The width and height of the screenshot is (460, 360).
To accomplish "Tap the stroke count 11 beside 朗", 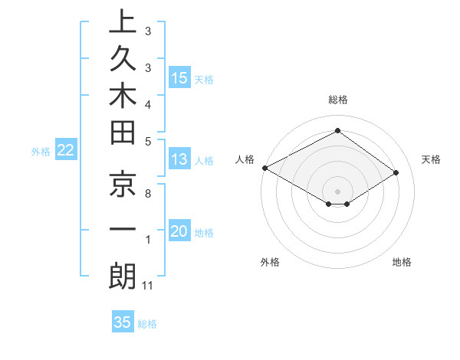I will tap(149, 286).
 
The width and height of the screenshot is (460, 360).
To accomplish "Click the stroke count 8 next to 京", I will tap(147, 194).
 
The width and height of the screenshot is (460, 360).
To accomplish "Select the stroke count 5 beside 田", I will tap(147, 141).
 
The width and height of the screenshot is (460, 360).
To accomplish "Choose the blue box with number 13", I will tap(179, 160).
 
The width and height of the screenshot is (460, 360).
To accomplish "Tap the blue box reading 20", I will tap(179, 232).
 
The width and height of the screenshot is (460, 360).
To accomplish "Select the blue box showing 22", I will tap(66, 151).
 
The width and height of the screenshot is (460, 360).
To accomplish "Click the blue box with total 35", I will tap(123, 322).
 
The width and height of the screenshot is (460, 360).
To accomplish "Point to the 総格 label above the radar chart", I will tap(337, 100).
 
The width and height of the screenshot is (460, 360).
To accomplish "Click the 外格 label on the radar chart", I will tap(270, 263).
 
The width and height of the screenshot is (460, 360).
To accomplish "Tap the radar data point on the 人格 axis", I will tap(264, 167).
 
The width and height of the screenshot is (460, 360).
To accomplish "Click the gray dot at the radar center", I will tap(337, 191).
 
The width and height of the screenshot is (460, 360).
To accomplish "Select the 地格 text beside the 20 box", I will tap(204, 233).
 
